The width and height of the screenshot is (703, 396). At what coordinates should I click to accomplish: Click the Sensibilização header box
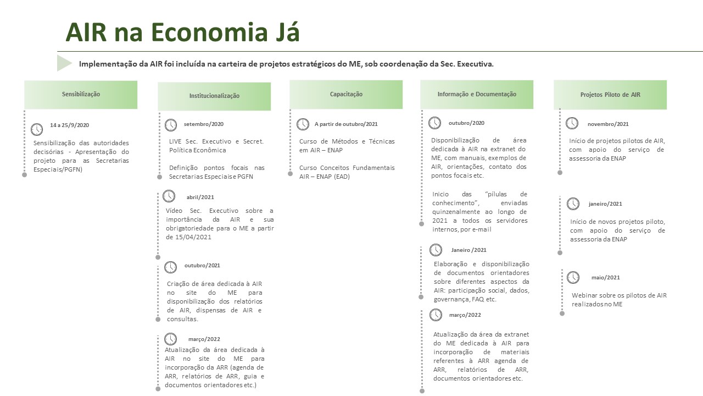click(81, 94)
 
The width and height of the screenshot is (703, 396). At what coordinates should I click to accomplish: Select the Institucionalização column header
click(214, 96)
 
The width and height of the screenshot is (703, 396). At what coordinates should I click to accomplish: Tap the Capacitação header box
click(346, 94)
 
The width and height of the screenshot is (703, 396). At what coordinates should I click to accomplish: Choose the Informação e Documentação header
click(477, 94)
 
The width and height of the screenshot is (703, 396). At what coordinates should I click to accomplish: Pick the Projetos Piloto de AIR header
click(610, 95)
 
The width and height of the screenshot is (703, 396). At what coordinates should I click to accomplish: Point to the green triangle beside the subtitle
click(64, 63)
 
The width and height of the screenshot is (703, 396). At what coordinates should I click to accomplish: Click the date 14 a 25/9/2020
click(69, 125)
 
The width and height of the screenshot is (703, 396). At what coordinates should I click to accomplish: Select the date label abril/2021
click(200, 197)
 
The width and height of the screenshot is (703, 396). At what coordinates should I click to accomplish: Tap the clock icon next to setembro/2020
click(171, 124)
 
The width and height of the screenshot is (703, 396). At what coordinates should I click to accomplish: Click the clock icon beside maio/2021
click(573, 277)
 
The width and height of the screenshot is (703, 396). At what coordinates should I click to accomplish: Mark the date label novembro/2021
click(608, 124)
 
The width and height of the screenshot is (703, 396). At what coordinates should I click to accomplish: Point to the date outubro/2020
click(466, 123)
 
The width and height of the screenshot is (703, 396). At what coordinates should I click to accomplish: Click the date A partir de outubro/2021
click(346, 124)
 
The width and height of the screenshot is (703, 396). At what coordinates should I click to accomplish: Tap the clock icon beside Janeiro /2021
click(436, 250)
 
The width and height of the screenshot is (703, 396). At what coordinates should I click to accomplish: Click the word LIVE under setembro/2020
click(176, 141)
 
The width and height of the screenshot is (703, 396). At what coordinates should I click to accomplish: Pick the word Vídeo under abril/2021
click(174, 211)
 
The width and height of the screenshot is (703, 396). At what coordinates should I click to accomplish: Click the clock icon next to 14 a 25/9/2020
click(37, 129)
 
